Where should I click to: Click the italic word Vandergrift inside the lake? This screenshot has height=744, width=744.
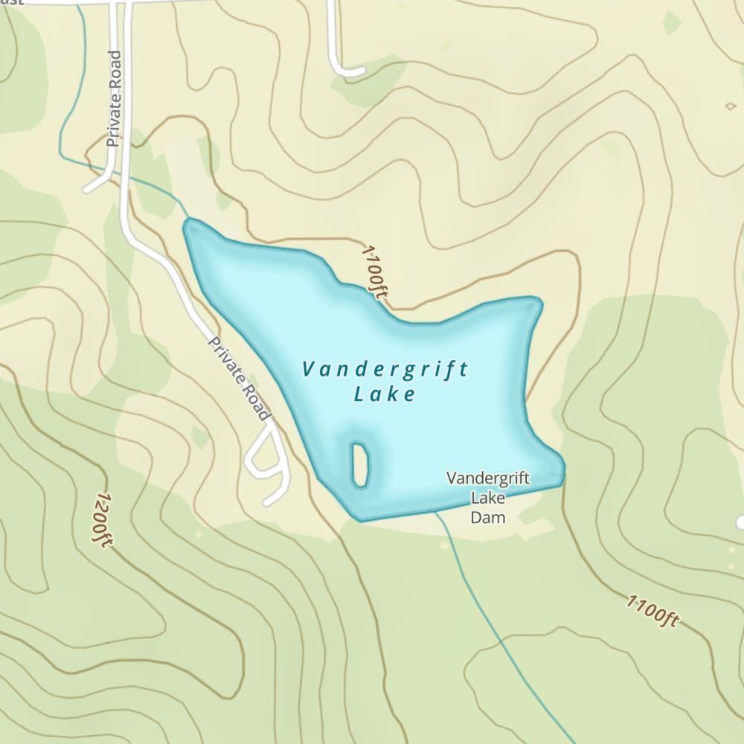(x=385, y=369)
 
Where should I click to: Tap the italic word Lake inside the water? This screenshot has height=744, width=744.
(x=384, y=394)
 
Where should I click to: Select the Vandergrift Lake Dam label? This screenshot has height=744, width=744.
(x=488, y=497)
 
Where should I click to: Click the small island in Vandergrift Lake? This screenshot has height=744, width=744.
(x=360, y=464)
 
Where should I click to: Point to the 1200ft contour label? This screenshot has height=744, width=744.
(x=103, y=520)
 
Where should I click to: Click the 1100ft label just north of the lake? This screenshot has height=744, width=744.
(x=374, y=271)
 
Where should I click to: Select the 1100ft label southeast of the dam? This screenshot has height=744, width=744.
(x=652, y=611)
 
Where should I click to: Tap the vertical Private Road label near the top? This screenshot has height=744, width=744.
(x=113, y=98)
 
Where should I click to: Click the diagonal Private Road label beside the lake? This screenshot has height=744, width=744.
(x=238, y=379)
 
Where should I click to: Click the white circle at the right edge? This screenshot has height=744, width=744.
(x=740, y=522)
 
